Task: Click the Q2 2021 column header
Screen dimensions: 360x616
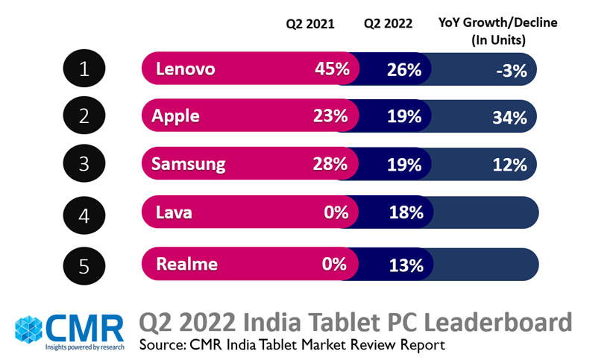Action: (310, 24)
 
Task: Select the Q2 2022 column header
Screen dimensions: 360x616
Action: (388, 24)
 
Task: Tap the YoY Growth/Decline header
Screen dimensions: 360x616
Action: (497, 31)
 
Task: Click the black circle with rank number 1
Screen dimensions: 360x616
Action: (84, 69)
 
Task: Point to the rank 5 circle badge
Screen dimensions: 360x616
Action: (84, 265)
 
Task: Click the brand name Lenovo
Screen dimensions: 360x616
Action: (186, 69)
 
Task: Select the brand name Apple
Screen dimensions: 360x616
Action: (175, 116)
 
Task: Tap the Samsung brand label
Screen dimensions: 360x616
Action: (188, 164)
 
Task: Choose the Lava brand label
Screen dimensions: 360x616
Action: (174, 212)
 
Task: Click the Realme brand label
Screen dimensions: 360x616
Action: (186, 264)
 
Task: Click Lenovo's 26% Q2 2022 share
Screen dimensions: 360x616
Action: (404, 70)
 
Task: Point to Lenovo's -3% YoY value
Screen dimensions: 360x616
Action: (512, 71)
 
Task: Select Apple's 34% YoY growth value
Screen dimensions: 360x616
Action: (509, 117)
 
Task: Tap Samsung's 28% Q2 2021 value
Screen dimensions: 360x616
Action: (330, 164)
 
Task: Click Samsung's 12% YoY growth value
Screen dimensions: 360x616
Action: (509, 165)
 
